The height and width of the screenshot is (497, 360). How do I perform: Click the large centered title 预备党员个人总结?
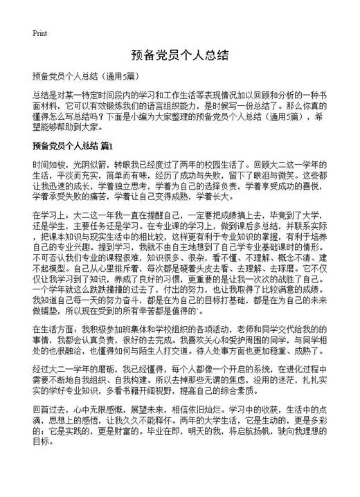pyautogui.click(x=179, y=55)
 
